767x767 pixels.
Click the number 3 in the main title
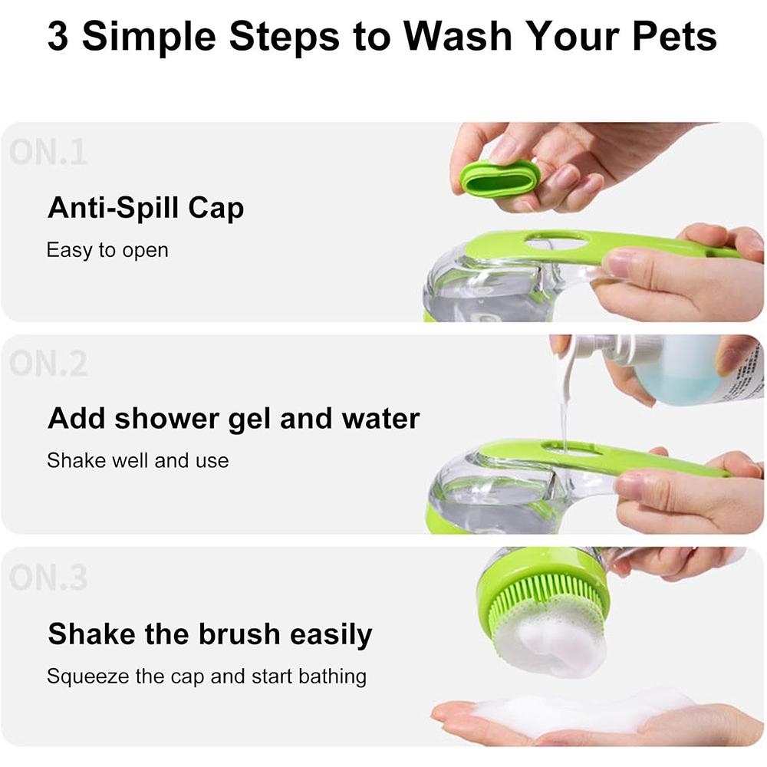(59, 36)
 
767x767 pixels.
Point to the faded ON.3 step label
(48, 578)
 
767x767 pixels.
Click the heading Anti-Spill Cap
(146, 208)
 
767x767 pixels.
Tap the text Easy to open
(107, 250)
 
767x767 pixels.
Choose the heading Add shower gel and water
(233, 419)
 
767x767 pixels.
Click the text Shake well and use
(137, 460)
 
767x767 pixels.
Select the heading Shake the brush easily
(209, 634)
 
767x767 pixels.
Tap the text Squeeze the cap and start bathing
(206, 676)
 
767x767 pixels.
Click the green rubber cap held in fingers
(500, 178)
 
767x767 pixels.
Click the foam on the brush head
(552, 644)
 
